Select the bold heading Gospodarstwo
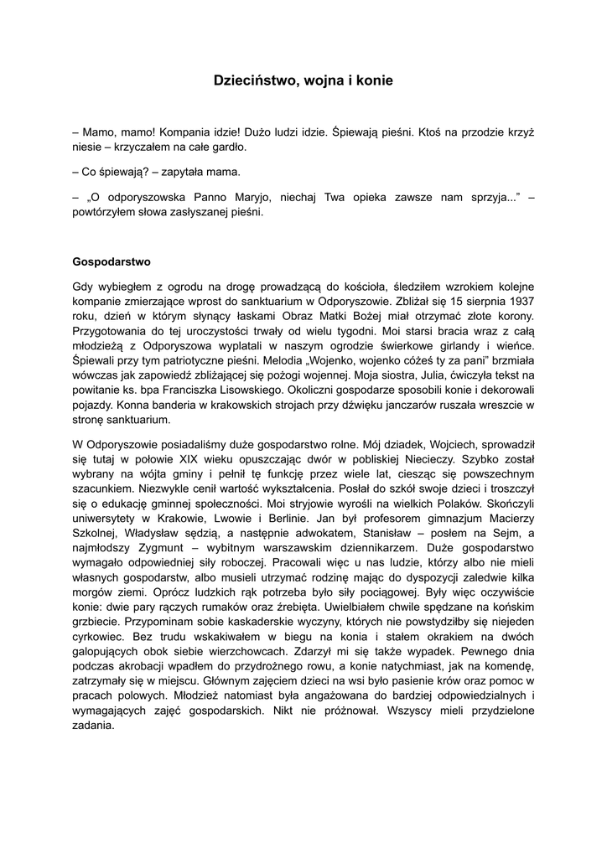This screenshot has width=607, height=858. tap(112, 261)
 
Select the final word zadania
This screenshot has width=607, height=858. tap(94, 726)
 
